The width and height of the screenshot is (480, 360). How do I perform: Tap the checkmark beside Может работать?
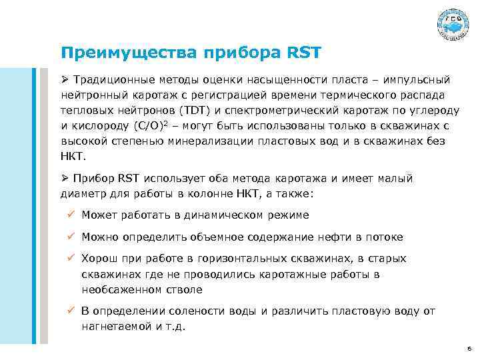click(x=71, y=215)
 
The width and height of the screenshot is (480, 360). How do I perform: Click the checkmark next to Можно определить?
click(x=71, y=237)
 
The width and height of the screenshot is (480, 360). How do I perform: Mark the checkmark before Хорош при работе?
click(x=71, y=259)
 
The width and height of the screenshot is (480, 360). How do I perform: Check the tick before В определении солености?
click(x=71, y=310)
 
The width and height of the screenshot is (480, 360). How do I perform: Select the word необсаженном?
click(x=119, y=288)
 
